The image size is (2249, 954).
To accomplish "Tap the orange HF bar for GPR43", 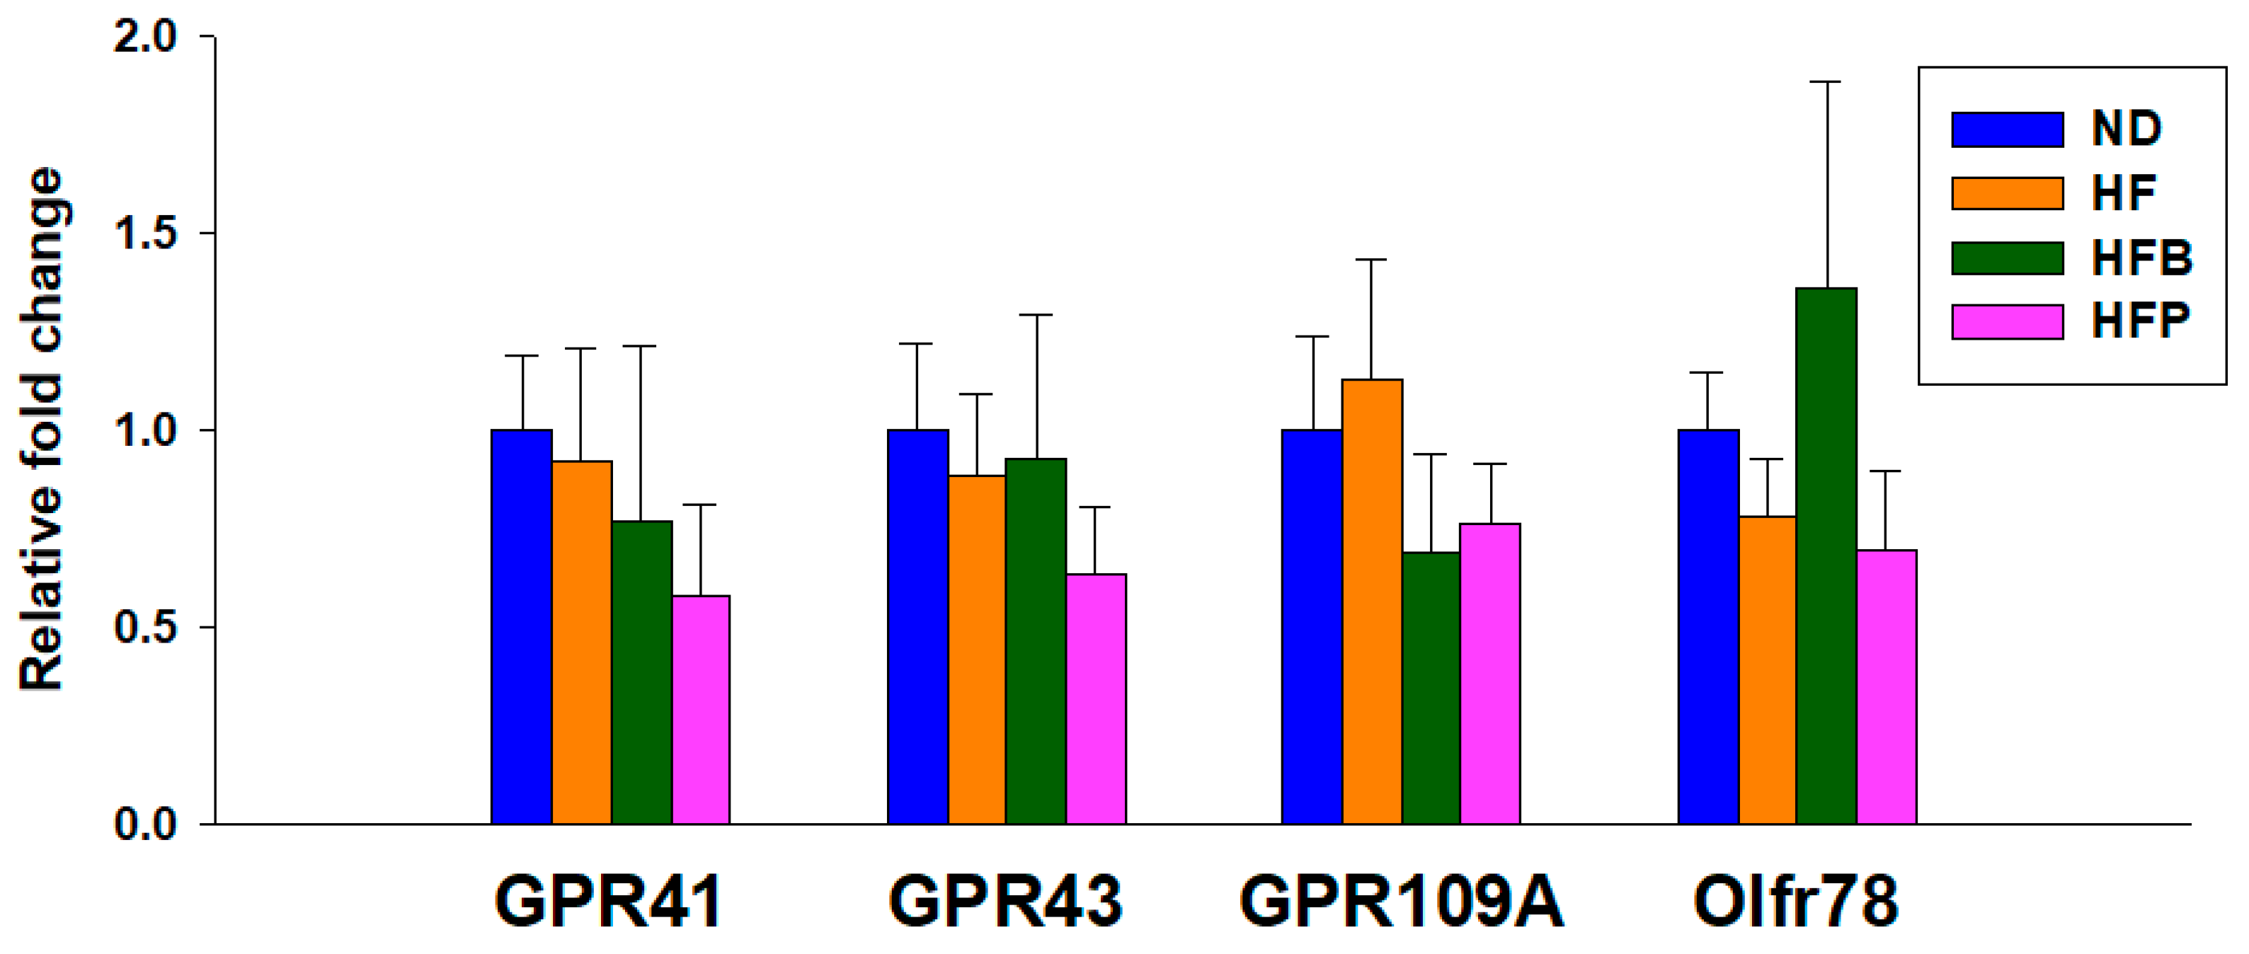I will [x=977, y=650].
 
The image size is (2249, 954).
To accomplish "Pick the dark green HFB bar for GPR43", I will [x=1036, y=640].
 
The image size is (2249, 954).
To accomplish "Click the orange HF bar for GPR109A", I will [x=1372, y=602].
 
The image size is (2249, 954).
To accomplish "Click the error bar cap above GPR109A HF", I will [x=1372, y=260].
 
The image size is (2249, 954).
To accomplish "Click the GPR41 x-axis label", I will [x=609, y=902].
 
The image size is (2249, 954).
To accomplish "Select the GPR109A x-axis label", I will [x=1400, y=902].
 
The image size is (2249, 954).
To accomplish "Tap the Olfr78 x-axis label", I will [x=1795, y=902].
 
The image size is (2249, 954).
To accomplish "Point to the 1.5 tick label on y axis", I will [x=145, y=233].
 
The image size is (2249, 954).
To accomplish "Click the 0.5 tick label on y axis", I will [x=145, y=628].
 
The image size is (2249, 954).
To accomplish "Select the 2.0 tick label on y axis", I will [x=145, y=37].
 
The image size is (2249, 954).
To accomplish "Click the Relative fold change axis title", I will [x=42, y=430].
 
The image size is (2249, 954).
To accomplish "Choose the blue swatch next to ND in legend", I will [x=2007, y=130].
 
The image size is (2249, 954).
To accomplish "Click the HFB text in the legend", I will [x=2141, y=258].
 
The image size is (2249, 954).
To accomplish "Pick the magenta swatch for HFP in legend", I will [x=2007, y=322].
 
